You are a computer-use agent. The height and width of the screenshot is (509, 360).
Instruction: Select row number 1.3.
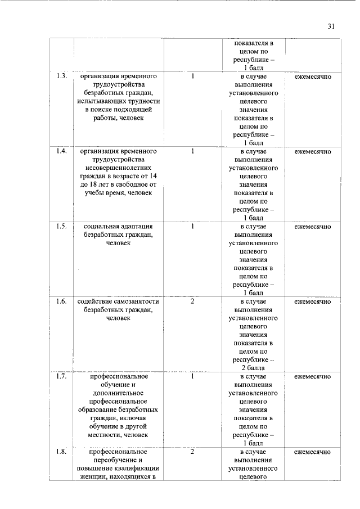point(62,76)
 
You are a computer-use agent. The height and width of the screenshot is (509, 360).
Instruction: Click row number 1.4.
point(62,151)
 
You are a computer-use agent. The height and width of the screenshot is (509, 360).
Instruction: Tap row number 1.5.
point(62,227)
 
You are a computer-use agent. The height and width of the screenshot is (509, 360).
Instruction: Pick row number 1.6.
point(62,302)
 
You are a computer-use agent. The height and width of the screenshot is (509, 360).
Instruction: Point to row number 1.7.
point(62,377)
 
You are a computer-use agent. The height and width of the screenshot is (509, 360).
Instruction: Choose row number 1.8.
point(62,452)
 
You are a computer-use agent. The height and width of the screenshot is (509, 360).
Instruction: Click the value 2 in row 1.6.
point(192,302)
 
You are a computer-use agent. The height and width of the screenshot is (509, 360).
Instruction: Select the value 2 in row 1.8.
point(192,452)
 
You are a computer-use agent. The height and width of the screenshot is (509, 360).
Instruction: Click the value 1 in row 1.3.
point(192,76)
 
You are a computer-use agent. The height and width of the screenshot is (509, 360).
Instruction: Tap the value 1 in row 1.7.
point(192,377)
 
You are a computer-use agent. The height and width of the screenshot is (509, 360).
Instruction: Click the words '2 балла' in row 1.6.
point(253,368)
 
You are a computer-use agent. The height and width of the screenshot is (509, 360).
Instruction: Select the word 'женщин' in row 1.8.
point(92,477)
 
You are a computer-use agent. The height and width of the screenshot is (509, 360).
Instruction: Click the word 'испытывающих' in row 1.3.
point(96,101)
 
